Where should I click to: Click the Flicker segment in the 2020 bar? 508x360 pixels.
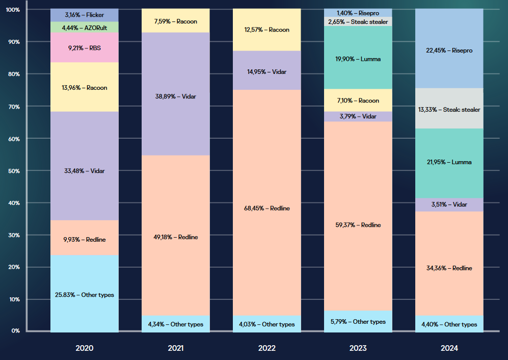click(x=85, y=15)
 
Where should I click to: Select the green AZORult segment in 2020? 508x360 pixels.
click(x=85, y=27)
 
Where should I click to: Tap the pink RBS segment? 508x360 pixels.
click(x=85, y=48)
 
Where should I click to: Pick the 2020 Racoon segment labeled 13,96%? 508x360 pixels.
click(x=85, y=87)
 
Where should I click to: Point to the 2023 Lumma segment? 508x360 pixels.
click(x=358, y=59)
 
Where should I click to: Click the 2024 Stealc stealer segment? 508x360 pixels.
click(x=449, y=109)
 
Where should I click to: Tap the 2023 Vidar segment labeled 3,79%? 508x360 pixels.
click(x=358, y=116)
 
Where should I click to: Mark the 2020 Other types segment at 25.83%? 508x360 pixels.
click(x=85, y=294)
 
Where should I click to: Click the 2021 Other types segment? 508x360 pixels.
click(x=175, y=324)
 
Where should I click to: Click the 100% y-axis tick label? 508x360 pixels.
click(x=12, y=10)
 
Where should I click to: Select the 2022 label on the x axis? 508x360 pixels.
click(x=266, y=348)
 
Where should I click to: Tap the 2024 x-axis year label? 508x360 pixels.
click(x=449, y=348)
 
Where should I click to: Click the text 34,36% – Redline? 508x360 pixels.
click(x=449, y=268)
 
